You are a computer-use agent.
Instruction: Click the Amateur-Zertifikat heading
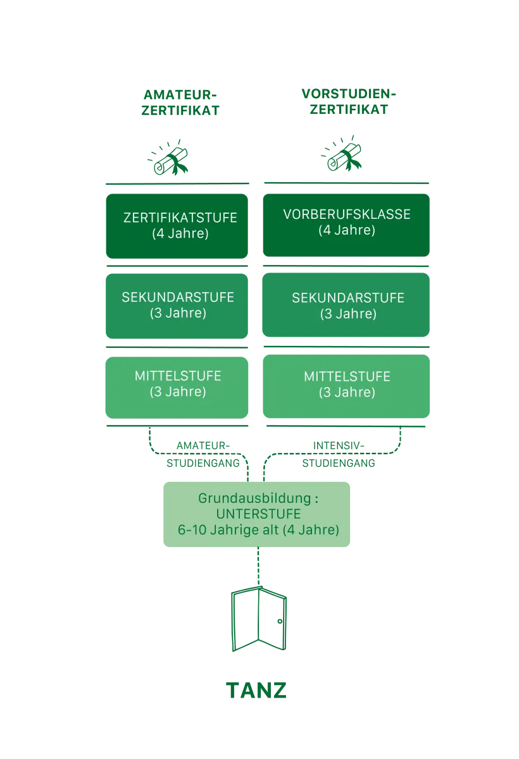pos(180,102)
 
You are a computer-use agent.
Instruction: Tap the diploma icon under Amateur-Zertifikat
pos(169,157)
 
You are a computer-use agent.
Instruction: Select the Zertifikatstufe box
pos(177,226)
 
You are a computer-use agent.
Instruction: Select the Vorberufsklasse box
pos(346,225)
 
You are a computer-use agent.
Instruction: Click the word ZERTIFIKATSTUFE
pos(180,218)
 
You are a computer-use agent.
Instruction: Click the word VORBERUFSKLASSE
pos(347,214)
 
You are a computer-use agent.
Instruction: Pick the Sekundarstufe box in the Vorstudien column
pos(346,306)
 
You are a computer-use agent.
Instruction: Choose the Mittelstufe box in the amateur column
pos(177,385)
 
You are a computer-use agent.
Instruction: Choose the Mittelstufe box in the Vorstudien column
pos(346,385)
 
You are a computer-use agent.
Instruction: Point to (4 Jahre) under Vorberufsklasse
pos(347,230)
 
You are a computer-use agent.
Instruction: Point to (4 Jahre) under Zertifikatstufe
pos(180,234)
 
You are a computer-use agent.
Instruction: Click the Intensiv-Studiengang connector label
pos(338,455)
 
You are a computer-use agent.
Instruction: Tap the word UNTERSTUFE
pos(258,514)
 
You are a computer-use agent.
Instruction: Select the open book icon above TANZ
pos(258,620)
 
